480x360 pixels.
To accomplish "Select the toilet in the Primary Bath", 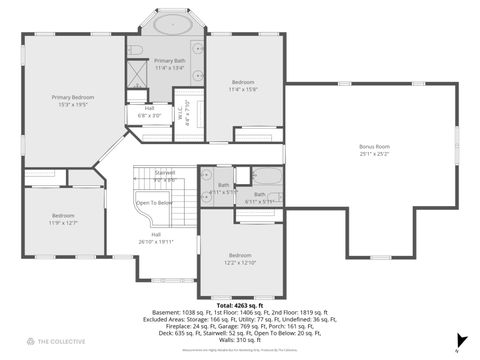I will click(x=137, y=49).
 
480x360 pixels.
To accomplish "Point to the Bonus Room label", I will click(x=374, y=147).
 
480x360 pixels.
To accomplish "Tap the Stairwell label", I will click(x=165, y=172).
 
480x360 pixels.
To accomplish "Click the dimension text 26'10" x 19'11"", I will click(x=156, y=241).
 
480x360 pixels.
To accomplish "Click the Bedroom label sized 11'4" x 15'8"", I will click(x=244, y=81).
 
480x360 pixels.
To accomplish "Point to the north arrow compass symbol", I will click(x=458, y=348).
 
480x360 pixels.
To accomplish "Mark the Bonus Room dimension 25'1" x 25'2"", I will click(x=374, y=154).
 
